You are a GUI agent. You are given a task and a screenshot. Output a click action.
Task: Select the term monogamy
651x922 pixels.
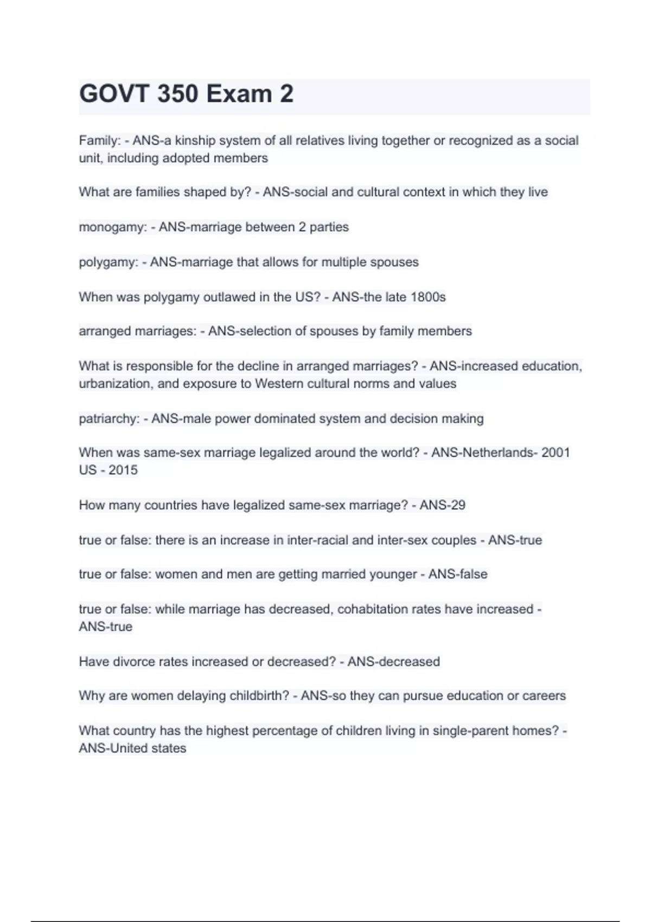point(112,227)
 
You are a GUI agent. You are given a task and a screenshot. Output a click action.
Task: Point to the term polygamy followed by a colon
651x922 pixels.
point(108,262)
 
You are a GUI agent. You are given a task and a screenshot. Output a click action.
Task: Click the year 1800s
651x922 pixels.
point(428,297)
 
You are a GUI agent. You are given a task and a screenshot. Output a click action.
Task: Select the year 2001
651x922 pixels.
point(556,453)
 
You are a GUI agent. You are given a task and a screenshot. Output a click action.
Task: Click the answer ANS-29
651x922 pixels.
point(442,505)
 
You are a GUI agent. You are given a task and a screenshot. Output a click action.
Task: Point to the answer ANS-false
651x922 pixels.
point(458,574)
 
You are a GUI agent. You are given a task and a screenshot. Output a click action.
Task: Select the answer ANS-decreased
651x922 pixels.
point(393,662)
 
